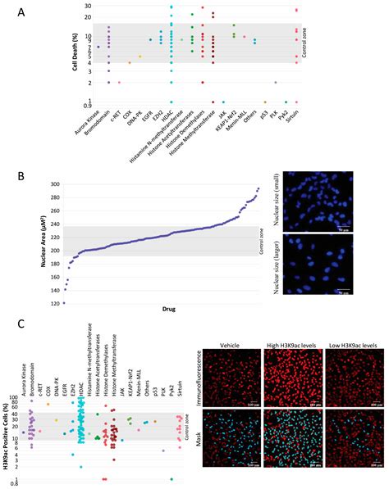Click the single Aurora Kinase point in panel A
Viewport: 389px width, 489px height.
(x=98, y=47)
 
